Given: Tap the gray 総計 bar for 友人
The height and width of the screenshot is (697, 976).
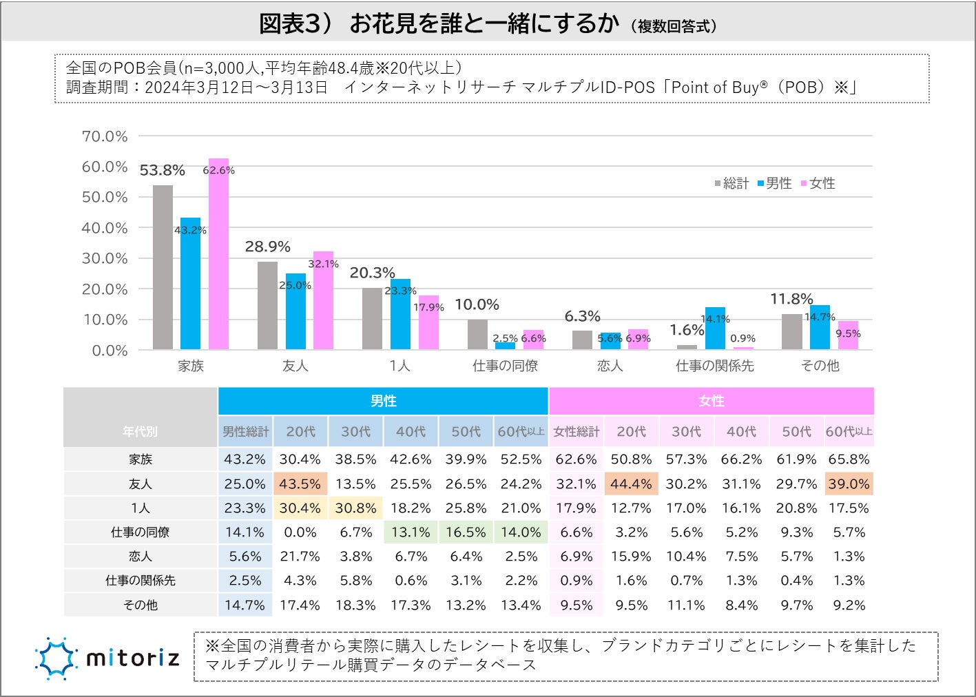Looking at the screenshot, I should tap(268, 306).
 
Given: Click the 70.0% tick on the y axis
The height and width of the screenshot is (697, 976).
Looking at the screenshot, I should tap(105, 136).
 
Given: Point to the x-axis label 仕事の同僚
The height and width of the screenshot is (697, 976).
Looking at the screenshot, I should tap(505, 366).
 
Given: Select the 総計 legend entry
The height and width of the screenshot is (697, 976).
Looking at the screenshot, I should tap(731, 183).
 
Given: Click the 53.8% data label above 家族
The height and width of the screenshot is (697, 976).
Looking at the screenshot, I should tap(162, 170).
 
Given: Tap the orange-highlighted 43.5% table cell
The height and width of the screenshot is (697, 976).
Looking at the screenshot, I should tap(300, 484).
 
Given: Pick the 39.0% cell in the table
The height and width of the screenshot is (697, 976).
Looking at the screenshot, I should tap(849, 484).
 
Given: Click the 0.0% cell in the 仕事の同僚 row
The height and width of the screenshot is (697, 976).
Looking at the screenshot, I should tap(300, 532).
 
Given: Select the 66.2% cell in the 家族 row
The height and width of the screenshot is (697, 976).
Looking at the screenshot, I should tap(741, 459).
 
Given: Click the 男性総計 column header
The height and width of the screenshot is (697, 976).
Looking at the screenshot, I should tap(245, 432).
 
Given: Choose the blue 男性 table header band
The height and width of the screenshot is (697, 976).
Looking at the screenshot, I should tap(383, 401).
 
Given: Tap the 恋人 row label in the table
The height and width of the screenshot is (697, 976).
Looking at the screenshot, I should tap(141, 556).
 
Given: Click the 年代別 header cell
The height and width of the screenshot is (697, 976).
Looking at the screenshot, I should tap(141, 432).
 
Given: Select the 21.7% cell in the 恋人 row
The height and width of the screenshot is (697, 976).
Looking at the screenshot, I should tap(300, 556).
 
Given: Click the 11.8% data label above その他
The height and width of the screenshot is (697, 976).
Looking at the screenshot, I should tap(791, 299).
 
